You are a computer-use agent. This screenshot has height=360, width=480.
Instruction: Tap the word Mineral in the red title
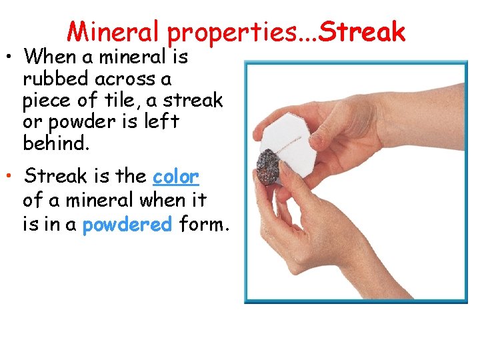(114, 31)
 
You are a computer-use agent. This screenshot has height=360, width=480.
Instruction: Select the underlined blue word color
(175, 177)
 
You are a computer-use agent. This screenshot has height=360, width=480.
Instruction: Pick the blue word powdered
(127, 225)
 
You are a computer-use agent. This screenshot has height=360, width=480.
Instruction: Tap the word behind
(55, 143)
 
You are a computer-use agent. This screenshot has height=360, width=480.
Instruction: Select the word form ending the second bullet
(204, 225)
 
